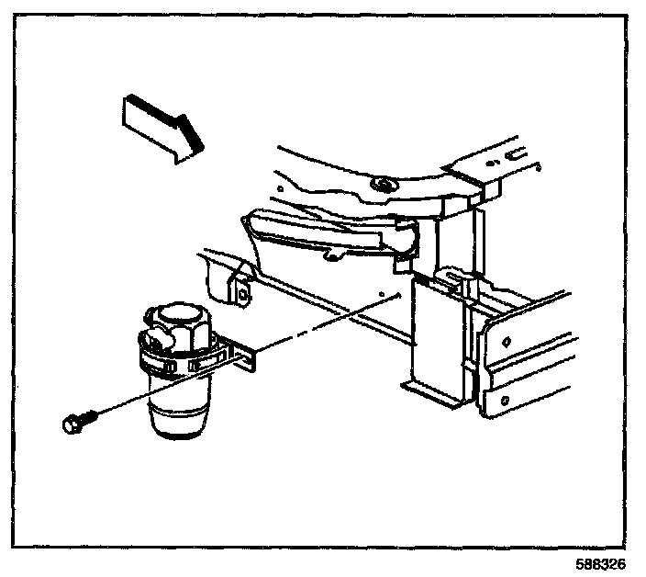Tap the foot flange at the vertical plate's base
[431, 393]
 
